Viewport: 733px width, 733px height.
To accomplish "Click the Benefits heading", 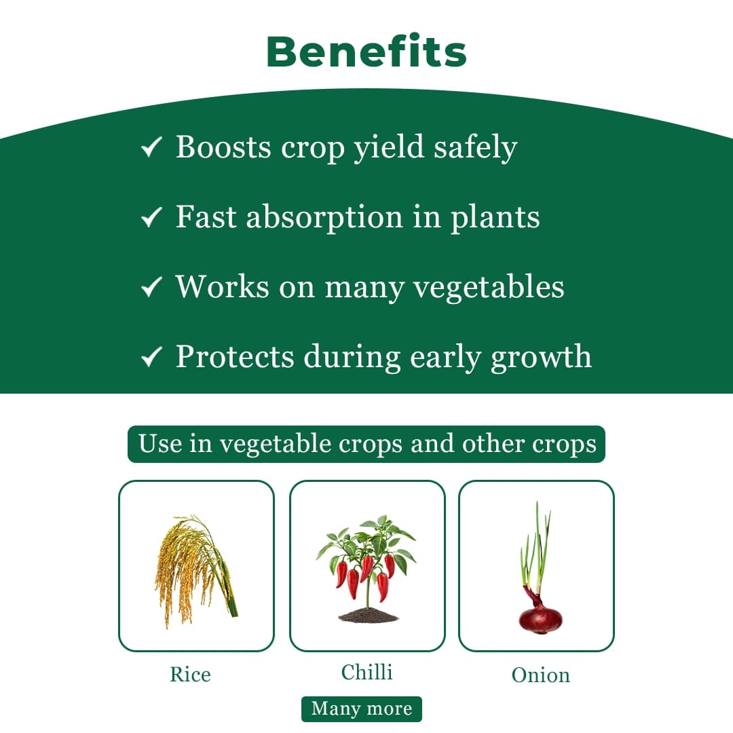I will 366,52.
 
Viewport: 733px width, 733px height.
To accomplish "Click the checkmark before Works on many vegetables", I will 151,287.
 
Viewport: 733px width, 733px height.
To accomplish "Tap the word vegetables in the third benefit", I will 489,288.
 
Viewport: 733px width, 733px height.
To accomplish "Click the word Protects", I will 235,356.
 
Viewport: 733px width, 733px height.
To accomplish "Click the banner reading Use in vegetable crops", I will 366,444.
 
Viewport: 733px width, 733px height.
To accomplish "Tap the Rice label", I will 190,675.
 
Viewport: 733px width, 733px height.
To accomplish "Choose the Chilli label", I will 367,673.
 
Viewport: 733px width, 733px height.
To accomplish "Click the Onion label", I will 540,675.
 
